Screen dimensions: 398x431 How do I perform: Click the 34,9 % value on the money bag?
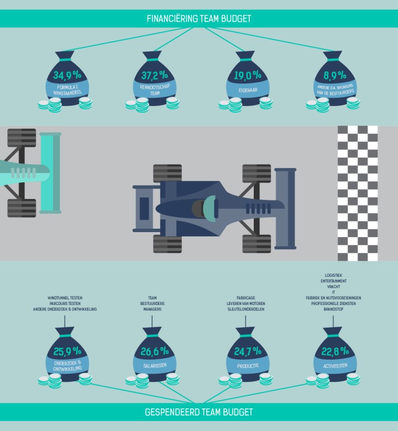(67, 75)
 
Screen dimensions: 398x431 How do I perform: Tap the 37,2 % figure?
(155, 75)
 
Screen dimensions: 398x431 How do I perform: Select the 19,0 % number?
(248, 75)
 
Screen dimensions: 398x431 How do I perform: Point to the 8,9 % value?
(335, 75)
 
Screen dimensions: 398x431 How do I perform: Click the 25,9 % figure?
(67, 351)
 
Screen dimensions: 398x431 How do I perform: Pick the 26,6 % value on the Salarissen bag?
(155, 351)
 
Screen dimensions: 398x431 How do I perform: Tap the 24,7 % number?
(248, 351)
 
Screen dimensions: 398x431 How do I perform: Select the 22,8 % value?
(335, 351)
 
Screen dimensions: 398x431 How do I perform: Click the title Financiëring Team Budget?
(199, 19)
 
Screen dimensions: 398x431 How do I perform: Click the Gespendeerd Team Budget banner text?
(199, 412)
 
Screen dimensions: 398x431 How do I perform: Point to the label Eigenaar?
(248, 90)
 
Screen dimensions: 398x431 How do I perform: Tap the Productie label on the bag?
(248, 366)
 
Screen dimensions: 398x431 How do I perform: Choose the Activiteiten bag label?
(336, 366)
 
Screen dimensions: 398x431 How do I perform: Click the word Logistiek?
(334, 275)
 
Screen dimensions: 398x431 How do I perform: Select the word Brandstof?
(334, 309)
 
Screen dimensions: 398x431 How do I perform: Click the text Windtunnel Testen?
(65, 298)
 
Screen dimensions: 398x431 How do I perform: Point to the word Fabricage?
(246, 298)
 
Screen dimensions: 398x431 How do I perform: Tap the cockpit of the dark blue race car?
(206, 208)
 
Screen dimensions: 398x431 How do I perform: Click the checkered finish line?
(358, 193)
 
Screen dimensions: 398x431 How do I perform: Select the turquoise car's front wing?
(50, 173)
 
